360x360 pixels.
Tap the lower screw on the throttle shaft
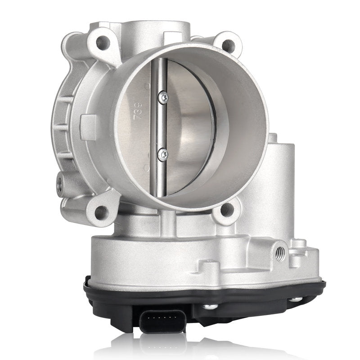click(162, 154)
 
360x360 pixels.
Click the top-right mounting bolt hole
click(228, 45)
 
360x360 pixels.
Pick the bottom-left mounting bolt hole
click(101, 211)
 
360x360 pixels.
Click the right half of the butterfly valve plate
click(191, 126)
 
